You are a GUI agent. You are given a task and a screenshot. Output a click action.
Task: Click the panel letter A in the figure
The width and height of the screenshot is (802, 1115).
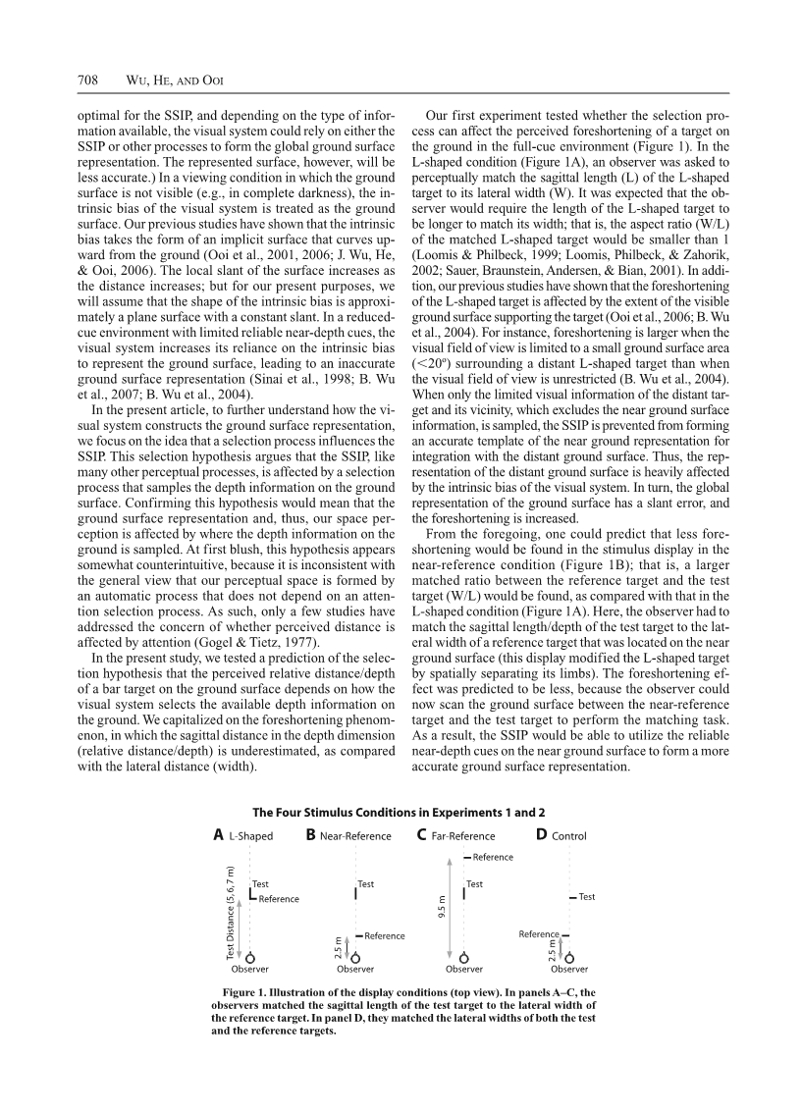(x=218, y=835)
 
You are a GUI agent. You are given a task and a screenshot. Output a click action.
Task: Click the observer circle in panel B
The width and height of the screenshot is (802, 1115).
(x=355, y=959)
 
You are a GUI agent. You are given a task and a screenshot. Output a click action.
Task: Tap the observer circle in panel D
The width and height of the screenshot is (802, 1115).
(x=569, y=959)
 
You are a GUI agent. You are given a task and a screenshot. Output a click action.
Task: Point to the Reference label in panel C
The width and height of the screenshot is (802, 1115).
(x=493, y=857)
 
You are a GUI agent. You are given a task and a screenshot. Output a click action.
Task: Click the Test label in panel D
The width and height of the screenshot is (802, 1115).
(x=587, y=897)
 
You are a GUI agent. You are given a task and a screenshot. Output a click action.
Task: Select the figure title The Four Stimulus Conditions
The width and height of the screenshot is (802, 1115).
(x=399, y=813)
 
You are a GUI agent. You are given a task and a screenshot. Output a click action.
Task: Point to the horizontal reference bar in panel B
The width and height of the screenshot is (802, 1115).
(x=360, y=935)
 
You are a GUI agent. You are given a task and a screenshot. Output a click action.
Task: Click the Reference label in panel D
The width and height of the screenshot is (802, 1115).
(x=539, y=934)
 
